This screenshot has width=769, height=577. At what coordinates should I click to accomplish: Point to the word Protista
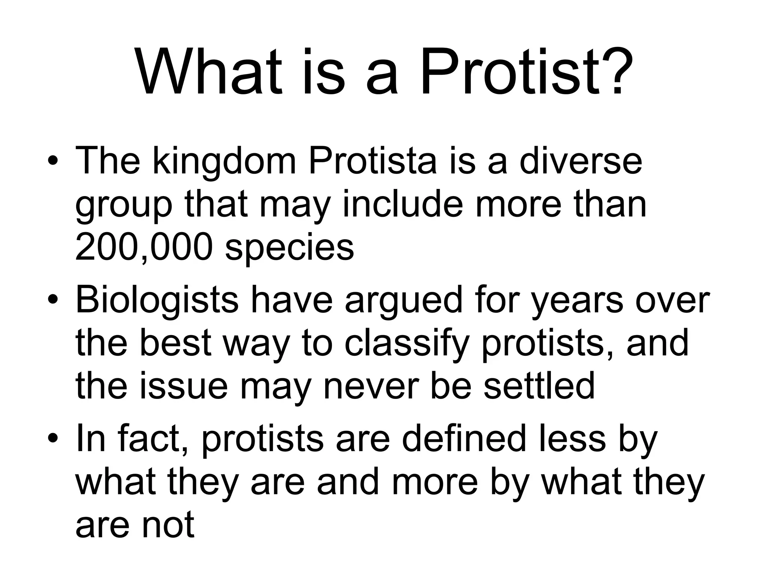(373, 162)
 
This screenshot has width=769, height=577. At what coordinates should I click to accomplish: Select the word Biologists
(157, 301)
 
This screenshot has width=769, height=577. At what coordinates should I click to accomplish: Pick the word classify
(408, 344)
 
